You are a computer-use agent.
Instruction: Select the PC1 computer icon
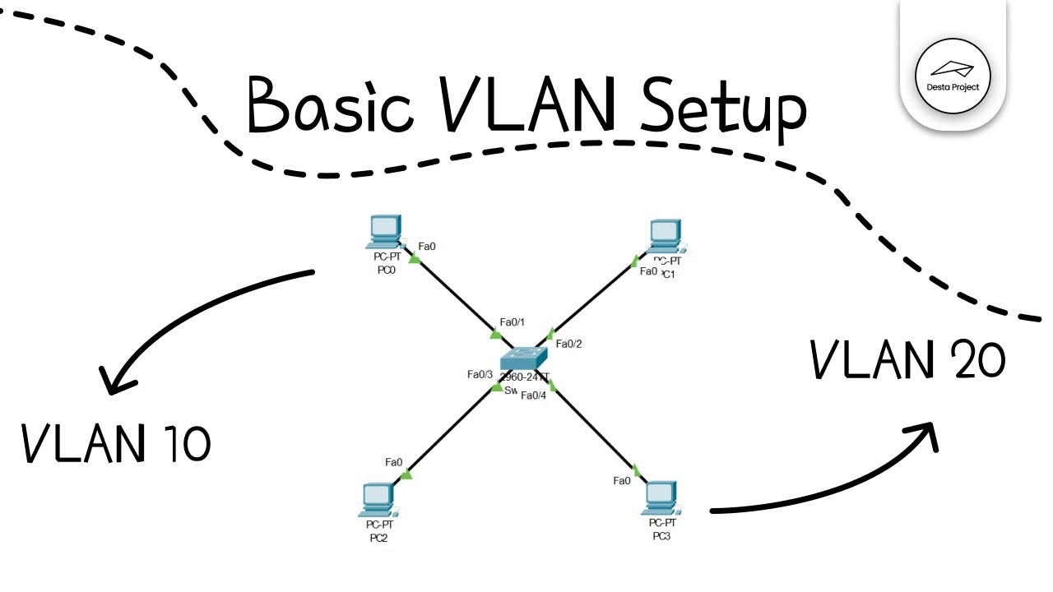point(666,235)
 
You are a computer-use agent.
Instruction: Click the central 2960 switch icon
point(524,359)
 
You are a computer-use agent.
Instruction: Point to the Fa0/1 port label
point(512,322)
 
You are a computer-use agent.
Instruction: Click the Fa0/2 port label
point(568,344)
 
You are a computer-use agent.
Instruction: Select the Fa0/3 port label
point(480,375)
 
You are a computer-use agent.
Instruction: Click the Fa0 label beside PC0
point(427,246)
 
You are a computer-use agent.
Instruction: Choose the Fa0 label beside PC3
point(622,480)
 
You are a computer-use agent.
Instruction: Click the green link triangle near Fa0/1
point(495,334)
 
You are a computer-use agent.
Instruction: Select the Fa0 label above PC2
point(393,462)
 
